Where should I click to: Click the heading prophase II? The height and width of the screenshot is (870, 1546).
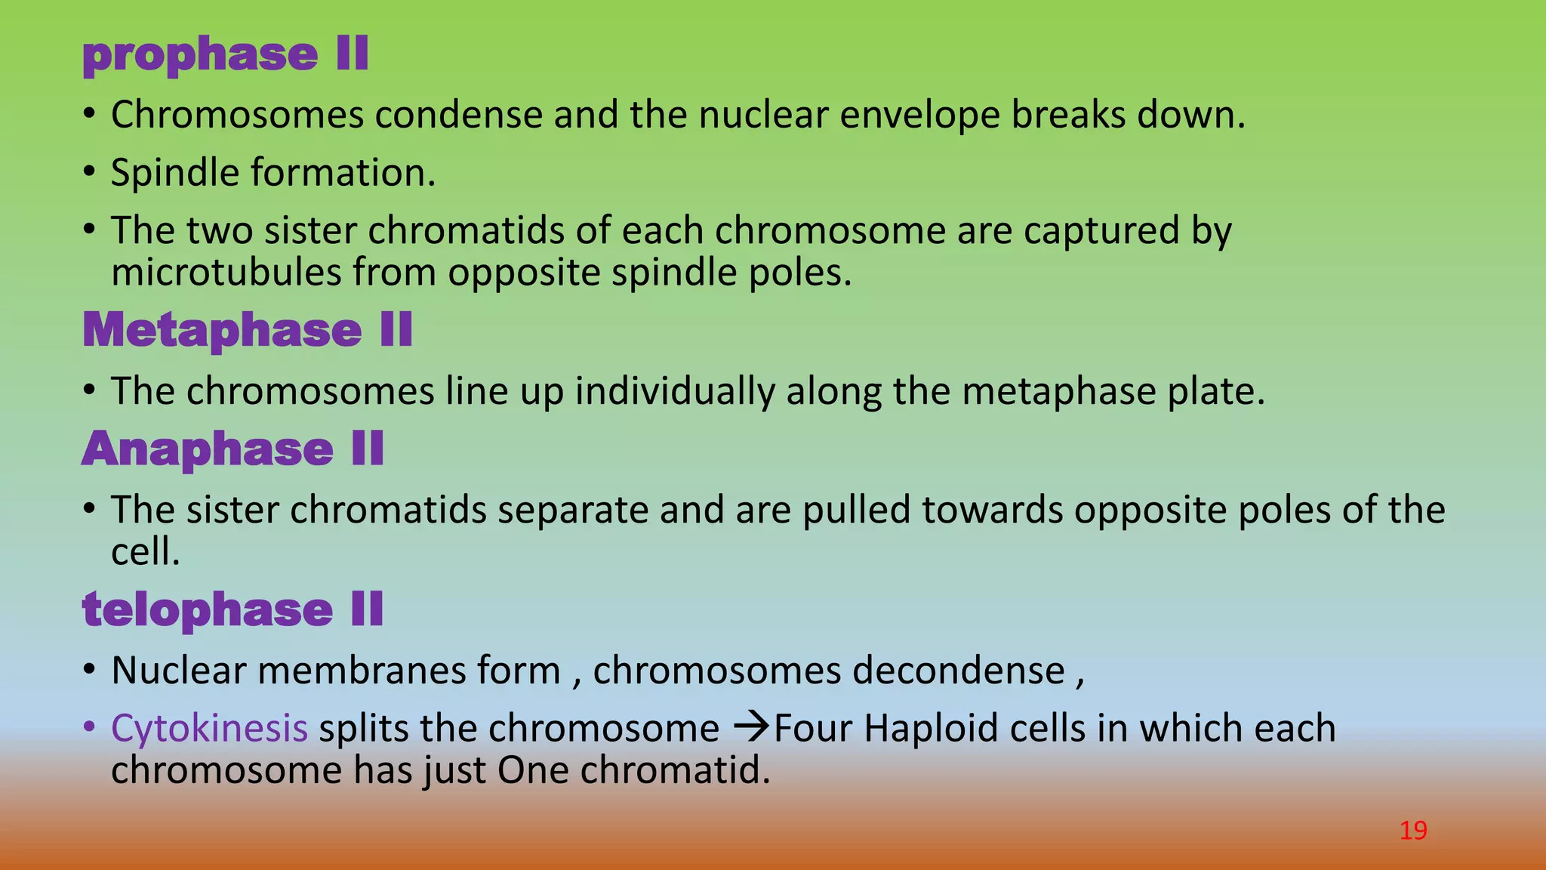pyautogui.click(x=225, y=55)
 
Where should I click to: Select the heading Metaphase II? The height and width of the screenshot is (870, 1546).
pyautogui.click(x=248, y=330)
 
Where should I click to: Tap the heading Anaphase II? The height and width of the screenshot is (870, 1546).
pyautogui.click(x=233, y=449)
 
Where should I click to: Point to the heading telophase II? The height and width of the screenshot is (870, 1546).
pyautogui.click(x=233, y=609)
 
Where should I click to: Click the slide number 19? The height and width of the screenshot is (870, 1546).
pyautogui.click(x=1412, y=831)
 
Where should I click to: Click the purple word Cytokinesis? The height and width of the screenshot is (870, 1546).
pyautogui.click(x=209, y=728)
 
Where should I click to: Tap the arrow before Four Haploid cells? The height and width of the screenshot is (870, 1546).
pyautogui.click(x=750, y=728)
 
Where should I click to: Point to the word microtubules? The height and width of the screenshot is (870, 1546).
pyautogui.click(x=226, y=272)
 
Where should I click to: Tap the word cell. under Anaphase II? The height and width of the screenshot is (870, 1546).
pyautogui.click(x=145, y=552)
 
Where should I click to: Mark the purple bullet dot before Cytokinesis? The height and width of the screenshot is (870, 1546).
pyautogui.click(x=89, y=727)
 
